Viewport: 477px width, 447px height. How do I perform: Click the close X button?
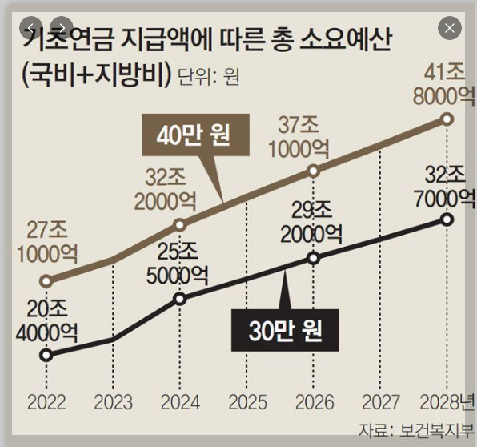pos(450,28)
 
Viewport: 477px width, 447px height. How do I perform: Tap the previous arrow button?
pos(30,28)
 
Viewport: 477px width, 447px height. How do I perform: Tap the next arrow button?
pos(62,28)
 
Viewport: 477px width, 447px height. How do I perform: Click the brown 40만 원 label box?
pos(195,135)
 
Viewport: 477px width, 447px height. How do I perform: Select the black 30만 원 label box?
pos(285,330)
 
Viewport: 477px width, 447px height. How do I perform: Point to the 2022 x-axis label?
pos(46,402)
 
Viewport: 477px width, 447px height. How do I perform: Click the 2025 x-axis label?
pos(247,402)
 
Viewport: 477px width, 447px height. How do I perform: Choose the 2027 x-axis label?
pos(381,402)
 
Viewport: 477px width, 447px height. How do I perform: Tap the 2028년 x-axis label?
pos(447,402)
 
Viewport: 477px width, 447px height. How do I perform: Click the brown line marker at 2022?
pos(46,280)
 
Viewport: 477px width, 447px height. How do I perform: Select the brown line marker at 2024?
pos(180,225)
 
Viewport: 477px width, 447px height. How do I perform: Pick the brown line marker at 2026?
pos(314,171)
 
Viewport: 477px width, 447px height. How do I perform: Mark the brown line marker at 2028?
pos(447,119)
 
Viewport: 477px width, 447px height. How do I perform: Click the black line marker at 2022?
pos(46,355)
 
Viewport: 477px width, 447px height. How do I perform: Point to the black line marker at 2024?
pos(180,299)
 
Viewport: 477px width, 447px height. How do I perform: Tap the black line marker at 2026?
pos(314,259)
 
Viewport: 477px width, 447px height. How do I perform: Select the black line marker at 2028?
pos(447,219)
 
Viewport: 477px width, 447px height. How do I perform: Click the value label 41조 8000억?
pos(444,85)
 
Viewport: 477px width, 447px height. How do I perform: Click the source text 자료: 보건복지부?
pos(416,430)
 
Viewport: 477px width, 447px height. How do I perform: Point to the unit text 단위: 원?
pos(208,76)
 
